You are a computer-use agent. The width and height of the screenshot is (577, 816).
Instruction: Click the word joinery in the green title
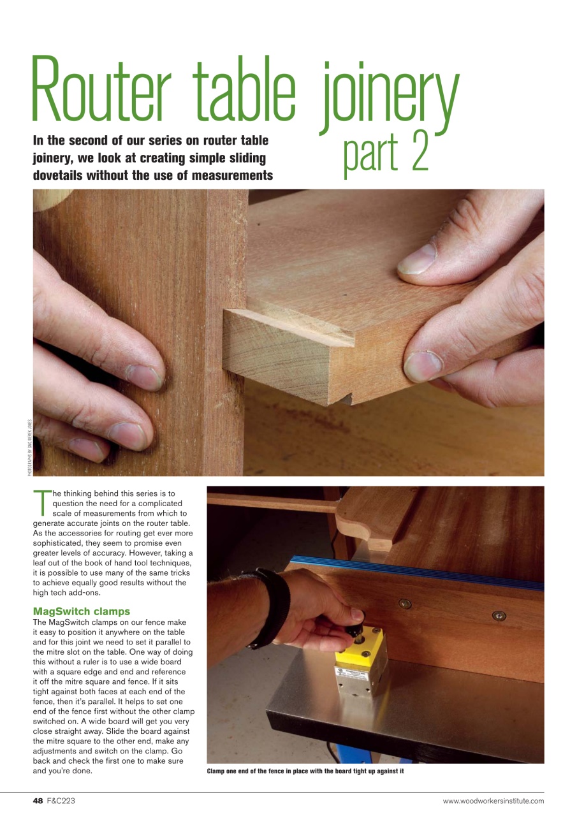coord(389,92)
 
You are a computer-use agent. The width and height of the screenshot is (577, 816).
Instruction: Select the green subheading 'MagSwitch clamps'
coord(81,611)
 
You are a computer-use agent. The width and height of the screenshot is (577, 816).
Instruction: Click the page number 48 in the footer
coord(38,801)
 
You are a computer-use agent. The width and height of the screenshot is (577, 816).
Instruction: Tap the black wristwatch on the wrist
coord(272,606)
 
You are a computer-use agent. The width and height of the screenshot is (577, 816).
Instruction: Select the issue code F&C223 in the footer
coord(61,801)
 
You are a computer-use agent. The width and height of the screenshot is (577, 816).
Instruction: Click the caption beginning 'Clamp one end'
coord(305,771)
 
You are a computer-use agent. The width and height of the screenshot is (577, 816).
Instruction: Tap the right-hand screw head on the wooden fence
coord(499,615)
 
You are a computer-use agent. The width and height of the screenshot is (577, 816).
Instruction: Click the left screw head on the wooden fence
coord(404,603)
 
